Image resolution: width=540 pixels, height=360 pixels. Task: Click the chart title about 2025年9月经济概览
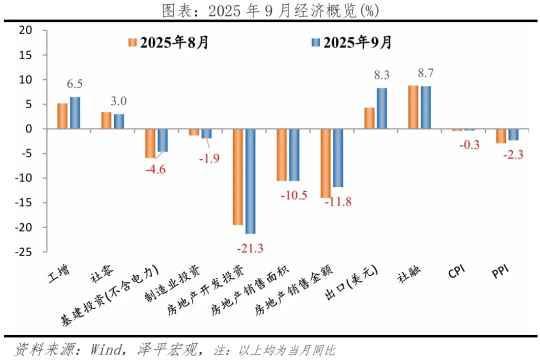point(270,9)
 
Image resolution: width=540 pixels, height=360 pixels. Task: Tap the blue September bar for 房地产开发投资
point(250,181)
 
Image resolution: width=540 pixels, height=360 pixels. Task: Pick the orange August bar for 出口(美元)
point(369,118)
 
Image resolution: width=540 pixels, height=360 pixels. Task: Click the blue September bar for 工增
point(74,113)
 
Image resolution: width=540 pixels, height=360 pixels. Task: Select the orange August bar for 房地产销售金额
point(326,163)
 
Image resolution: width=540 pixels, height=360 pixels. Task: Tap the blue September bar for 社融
point(425,107)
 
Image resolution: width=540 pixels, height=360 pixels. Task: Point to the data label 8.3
point(381,75)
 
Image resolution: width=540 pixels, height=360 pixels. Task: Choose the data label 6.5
point(74,84)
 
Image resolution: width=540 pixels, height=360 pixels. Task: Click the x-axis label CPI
point(456,272)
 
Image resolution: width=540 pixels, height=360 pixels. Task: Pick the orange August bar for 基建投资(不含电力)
point(150,143)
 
